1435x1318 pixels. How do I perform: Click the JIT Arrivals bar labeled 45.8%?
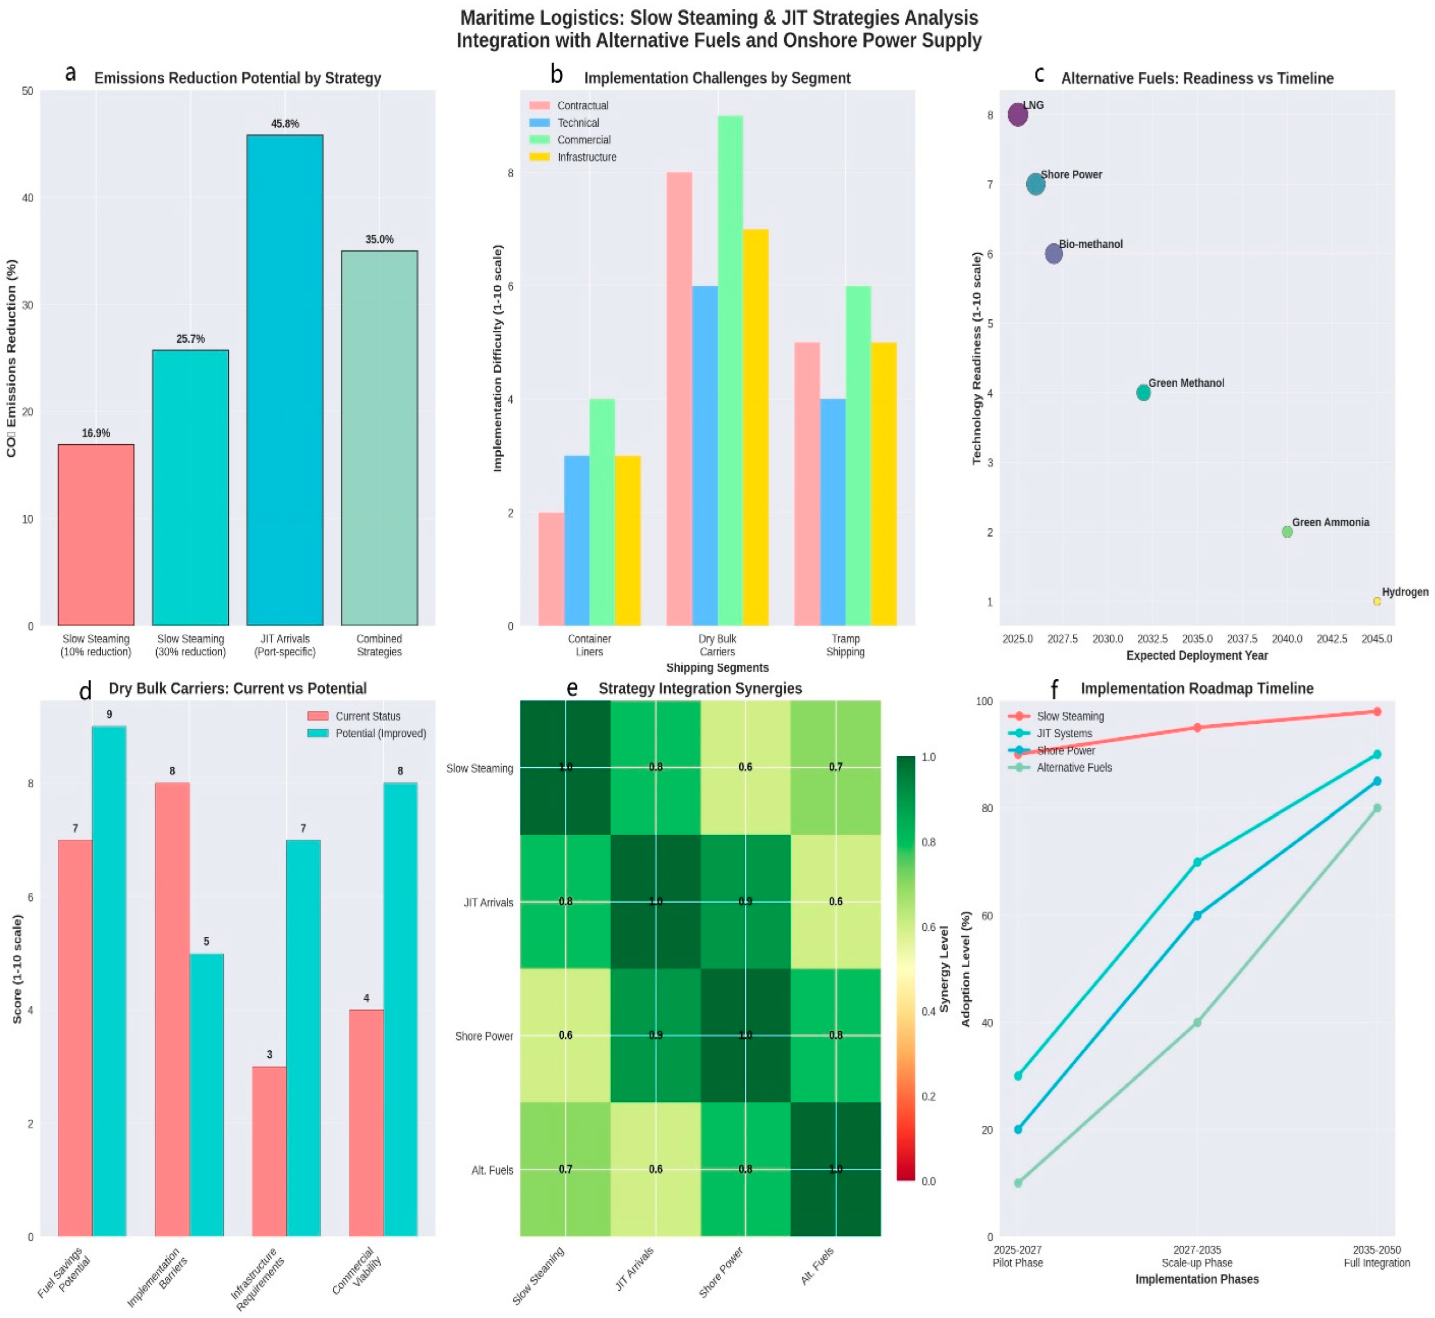(285, 379)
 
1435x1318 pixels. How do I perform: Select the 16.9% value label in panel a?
(96, 433)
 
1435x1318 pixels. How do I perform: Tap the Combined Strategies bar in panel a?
(379, 438)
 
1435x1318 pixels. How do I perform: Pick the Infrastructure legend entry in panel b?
(586, 157)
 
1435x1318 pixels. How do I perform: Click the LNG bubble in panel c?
(1018, 114)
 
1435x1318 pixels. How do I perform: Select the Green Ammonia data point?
(1287, 532)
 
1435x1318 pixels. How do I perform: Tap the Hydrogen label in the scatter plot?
(1404, 592)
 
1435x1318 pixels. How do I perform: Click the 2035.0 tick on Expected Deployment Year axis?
(1197, 639)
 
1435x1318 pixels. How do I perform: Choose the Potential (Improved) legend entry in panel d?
(380, 733)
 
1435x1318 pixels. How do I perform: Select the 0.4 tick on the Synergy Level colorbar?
(928, 1011)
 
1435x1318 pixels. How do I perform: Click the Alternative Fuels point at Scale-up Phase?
(1197, 1023)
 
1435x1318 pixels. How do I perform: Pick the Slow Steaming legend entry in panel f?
(1070, 716)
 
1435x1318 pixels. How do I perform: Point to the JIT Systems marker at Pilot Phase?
(1018, 1075)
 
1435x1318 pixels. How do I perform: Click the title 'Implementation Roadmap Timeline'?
(1197, 688)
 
